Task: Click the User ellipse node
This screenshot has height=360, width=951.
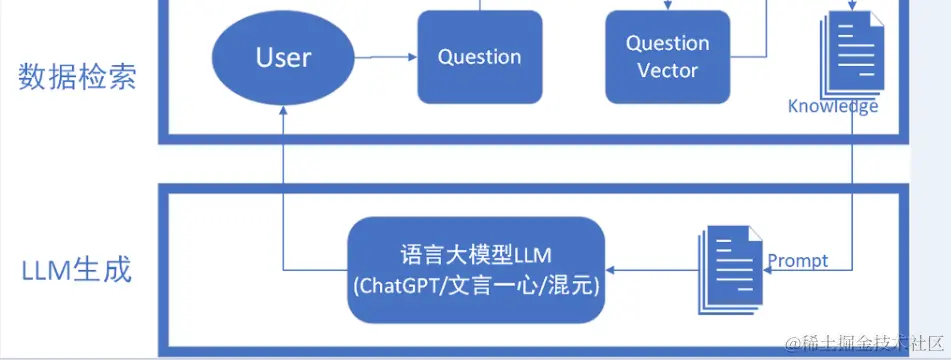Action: click(284, 57)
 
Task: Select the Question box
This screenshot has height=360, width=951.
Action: click(480, 57)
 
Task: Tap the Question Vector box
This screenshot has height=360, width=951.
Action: click(668, 57)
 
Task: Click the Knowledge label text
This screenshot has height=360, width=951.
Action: click(833, 106)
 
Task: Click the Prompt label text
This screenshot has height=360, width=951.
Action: click(798, 261)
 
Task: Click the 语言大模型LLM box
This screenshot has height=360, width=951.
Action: click(477, 270)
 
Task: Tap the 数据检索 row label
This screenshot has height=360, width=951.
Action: click(78, 77)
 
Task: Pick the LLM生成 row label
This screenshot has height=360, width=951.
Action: click(76, 270)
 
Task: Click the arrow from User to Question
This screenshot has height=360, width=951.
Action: click(385, 57)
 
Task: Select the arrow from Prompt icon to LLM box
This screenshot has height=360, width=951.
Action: click(650, 270)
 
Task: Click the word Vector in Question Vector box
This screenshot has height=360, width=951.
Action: click(668, 71)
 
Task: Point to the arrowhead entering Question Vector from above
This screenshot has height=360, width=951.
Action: click(668, 6)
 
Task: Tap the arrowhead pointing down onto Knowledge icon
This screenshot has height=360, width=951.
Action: click(850, 6)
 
